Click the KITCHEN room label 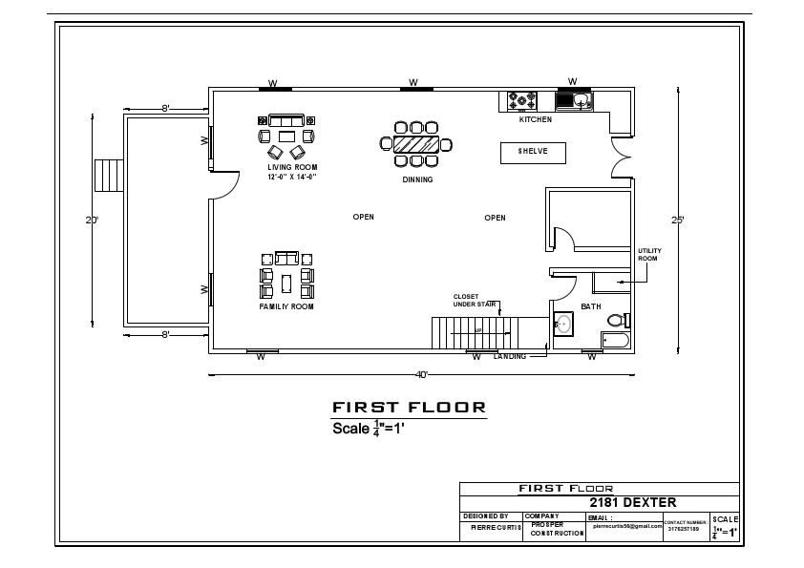coord(535,119)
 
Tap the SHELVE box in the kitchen coord(533,152)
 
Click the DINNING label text coord(417,179)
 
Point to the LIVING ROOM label coord(291,168)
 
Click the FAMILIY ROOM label coord(286,306)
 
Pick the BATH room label coord(591,306)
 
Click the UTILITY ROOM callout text coord(648,255)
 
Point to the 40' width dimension coord(421,374)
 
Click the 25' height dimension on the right coord(677,220)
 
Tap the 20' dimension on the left coord(92,220)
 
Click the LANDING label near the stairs coord(509,356)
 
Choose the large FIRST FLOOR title coord(409,407)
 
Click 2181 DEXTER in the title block coord(632,502)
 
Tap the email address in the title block coord(626,525)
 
